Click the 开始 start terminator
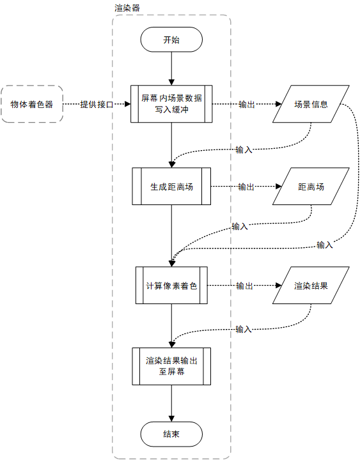point(171,40)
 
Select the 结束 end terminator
point(171,434)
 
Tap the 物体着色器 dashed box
point(32,103)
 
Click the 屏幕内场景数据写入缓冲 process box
point(171,103)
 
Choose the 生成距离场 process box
point(171,187)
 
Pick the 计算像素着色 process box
point(171,286)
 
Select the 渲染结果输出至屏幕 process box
point(171,366)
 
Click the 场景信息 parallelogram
point(311,103)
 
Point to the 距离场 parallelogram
point(311,187)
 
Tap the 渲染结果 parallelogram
point(311,286)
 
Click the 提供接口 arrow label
point(97,104)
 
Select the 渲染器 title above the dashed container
point(127,8)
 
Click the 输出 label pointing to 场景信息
point(246,104)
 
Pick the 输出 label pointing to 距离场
point(246,187)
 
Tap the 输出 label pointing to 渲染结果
point(244,286)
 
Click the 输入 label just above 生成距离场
point(244,150)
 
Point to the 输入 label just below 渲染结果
point(244,330)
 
